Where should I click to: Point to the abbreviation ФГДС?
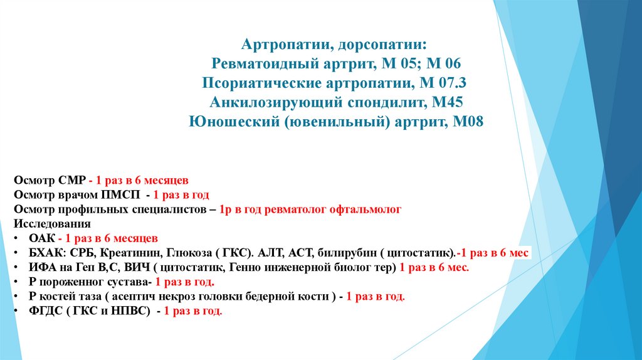[x=45, y=311]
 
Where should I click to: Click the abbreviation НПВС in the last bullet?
[x=129, y=311]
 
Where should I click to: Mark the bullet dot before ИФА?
[x=15, y=268]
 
